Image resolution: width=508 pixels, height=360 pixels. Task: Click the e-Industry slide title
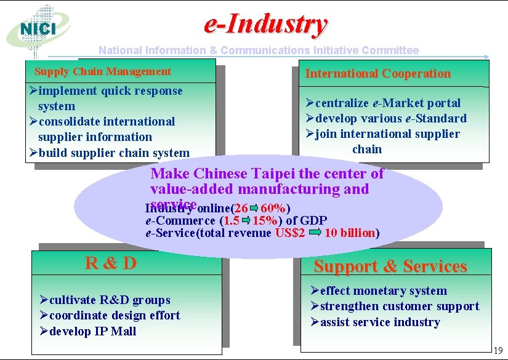265,25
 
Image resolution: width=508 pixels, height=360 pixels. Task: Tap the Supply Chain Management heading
103,71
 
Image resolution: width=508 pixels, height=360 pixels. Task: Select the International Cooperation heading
378,74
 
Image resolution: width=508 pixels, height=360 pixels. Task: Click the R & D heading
111,263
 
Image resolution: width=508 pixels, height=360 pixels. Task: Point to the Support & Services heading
390,266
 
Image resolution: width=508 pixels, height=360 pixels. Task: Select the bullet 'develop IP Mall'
92,331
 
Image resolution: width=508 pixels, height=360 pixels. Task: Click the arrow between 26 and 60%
254,207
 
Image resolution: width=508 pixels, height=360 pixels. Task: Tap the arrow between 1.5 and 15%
246,220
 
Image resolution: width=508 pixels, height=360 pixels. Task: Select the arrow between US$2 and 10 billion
315,233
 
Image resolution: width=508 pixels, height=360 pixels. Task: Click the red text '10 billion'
350,233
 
